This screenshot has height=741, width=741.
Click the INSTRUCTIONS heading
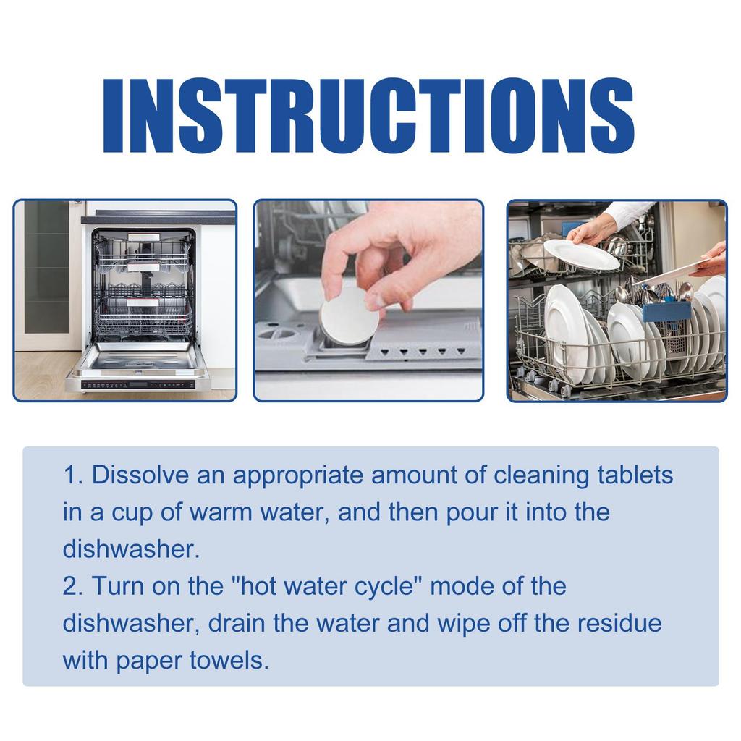(368, 117)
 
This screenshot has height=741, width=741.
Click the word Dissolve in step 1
(140, 475)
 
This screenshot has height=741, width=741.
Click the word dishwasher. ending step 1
(132, 549)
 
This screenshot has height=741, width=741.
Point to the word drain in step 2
(237, 623)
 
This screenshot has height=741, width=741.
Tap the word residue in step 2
(619, 623)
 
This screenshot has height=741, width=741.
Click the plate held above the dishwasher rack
(581, 254)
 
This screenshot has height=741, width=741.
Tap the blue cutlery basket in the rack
(666, 313)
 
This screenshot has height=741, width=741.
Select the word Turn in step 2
(119, 586)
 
